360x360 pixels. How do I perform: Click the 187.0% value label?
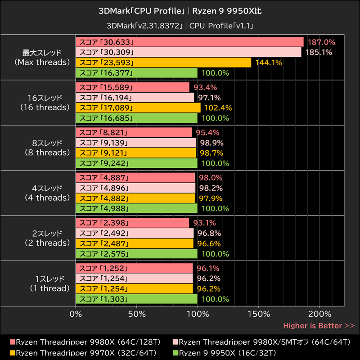pos(321,42)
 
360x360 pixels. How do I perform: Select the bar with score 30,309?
pos(189,52)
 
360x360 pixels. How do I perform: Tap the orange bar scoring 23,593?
pos(163,63)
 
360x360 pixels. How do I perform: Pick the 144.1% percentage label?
pos(268,63)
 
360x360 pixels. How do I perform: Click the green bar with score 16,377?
pos(136,73)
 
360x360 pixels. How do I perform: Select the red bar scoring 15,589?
pos(133,87)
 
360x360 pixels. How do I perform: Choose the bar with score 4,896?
pos(135,188)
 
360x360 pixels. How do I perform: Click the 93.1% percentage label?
pos(205,223)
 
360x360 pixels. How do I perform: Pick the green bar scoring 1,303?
pos(136,299)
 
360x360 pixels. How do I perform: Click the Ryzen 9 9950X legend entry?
pos(227,352)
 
